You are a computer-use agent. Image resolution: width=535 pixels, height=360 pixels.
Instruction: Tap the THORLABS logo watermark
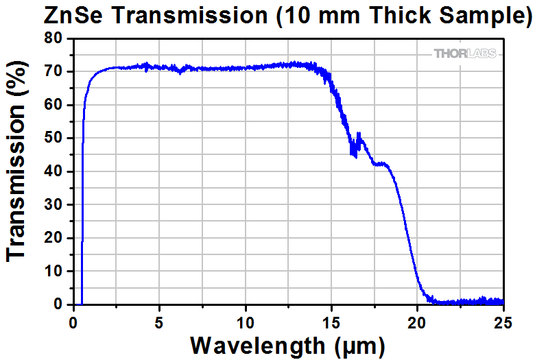pyautogui.click(x=464, y=53)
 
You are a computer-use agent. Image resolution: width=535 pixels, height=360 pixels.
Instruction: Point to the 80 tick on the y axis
pyautogui.click(x=54, y=38)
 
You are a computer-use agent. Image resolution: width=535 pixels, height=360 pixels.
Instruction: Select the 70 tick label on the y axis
pyautogui.click(x=54, y=71)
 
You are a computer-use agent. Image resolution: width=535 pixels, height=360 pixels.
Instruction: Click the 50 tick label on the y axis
pyautogui.click(x=54, y=138)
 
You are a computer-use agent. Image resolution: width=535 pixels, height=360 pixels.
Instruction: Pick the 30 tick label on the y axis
pyautogui.click(x=54, y=204)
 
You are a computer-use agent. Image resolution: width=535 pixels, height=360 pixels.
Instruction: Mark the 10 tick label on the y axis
pyautogui.click(x=54, y=271)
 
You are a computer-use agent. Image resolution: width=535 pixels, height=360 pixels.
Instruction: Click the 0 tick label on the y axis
pyautogui.click(x=59, y=304)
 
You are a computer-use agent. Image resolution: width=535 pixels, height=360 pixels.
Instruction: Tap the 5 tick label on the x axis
pyautogui.click(x=159, y=320)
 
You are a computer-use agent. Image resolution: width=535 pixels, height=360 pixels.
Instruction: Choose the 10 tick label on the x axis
pyautogui.click(x=246, y=320)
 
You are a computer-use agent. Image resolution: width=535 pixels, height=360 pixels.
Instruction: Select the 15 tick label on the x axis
pyautogui.click(x=332, y=320)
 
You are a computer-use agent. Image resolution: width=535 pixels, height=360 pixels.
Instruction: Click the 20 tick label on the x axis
pyautogui.click(x=418, y=320)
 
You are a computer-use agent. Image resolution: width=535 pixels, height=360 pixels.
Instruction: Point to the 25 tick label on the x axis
pyautogui.click(x=503, y=320)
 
